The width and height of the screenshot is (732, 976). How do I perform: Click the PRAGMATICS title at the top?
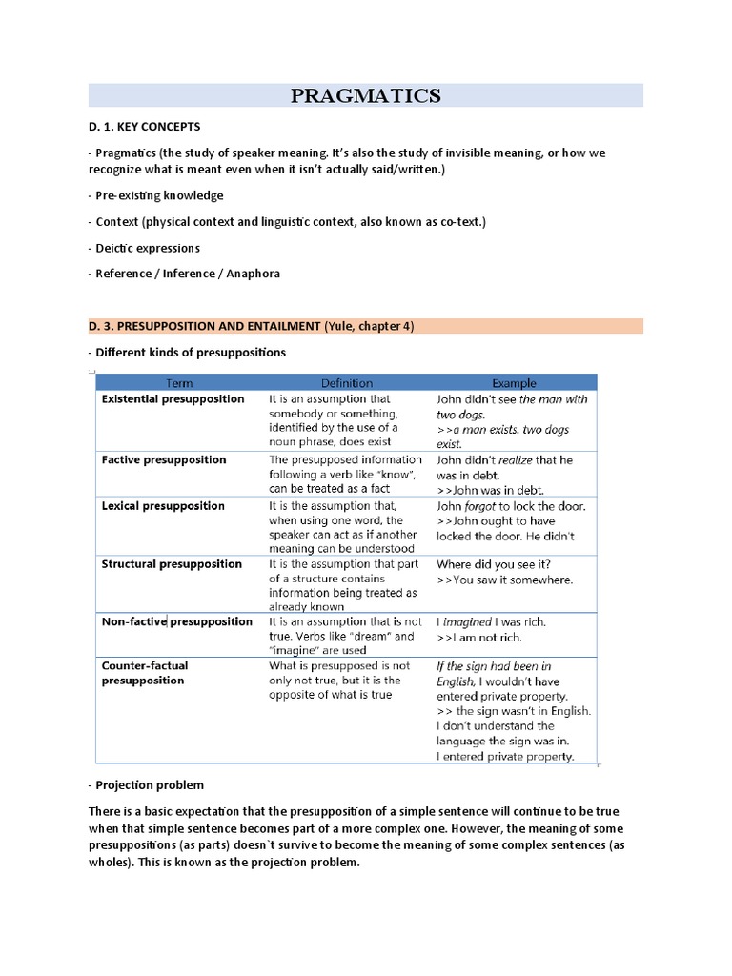(366, 95)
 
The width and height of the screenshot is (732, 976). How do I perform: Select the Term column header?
(179, 383)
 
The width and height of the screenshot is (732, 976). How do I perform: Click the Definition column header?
(346, 383)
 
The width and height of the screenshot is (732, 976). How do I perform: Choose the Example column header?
(514, 383)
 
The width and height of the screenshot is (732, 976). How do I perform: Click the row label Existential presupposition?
(173, 399)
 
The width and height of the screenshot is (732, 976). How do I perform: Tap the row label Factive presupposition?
(164, 459)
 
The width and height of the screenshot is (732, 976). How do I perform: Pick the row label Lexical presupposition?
(163, 506)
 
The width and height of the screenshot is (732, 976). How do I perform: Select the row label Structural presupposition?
(172, 564)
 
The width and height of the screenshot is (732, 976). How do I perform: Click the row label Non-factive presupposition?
(176, 621)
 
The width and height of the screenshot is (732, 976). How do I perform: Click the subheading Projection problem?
(148, 785)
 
